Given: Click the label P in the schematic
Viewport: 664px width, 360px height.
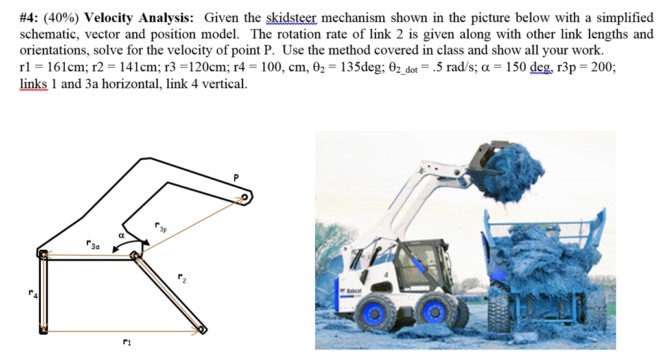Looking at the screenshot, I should (x=236, y=176).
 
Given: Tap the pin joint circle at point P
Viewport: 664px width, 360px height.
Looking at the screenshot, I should (x=244, y=197).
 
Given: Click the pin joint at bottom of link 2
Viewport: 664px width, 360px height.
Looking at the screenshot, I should (x=202, y=330).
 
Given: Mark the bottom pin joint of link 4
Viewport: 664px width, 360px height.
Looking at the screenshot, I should (x=43, y=330).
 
